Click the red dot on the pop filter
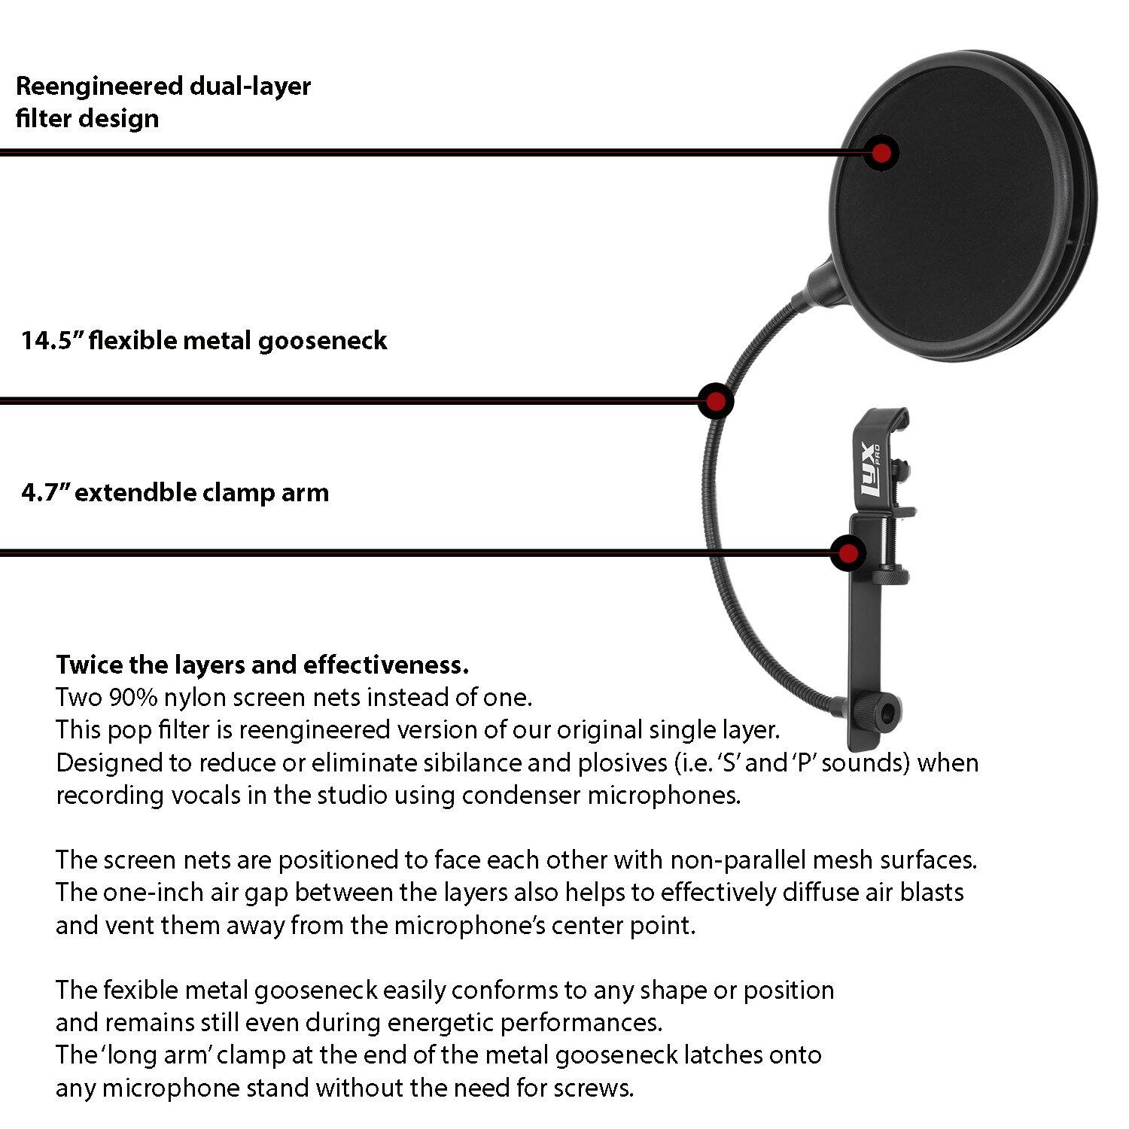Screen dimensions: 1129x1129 [881, 153]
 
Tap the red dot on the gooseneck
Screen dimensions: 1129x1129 [716, 400]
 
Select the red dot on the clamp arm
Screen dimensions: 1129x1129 [848, 553]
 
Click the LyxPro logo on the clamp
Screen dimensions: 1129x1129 [869, 470]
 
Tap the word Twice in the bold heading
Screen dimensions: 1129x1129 [89, 665]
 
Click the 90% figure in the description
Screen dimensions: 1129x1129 [133, 698]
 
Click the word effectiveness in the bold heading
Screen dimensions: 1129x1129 [385, 665]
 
